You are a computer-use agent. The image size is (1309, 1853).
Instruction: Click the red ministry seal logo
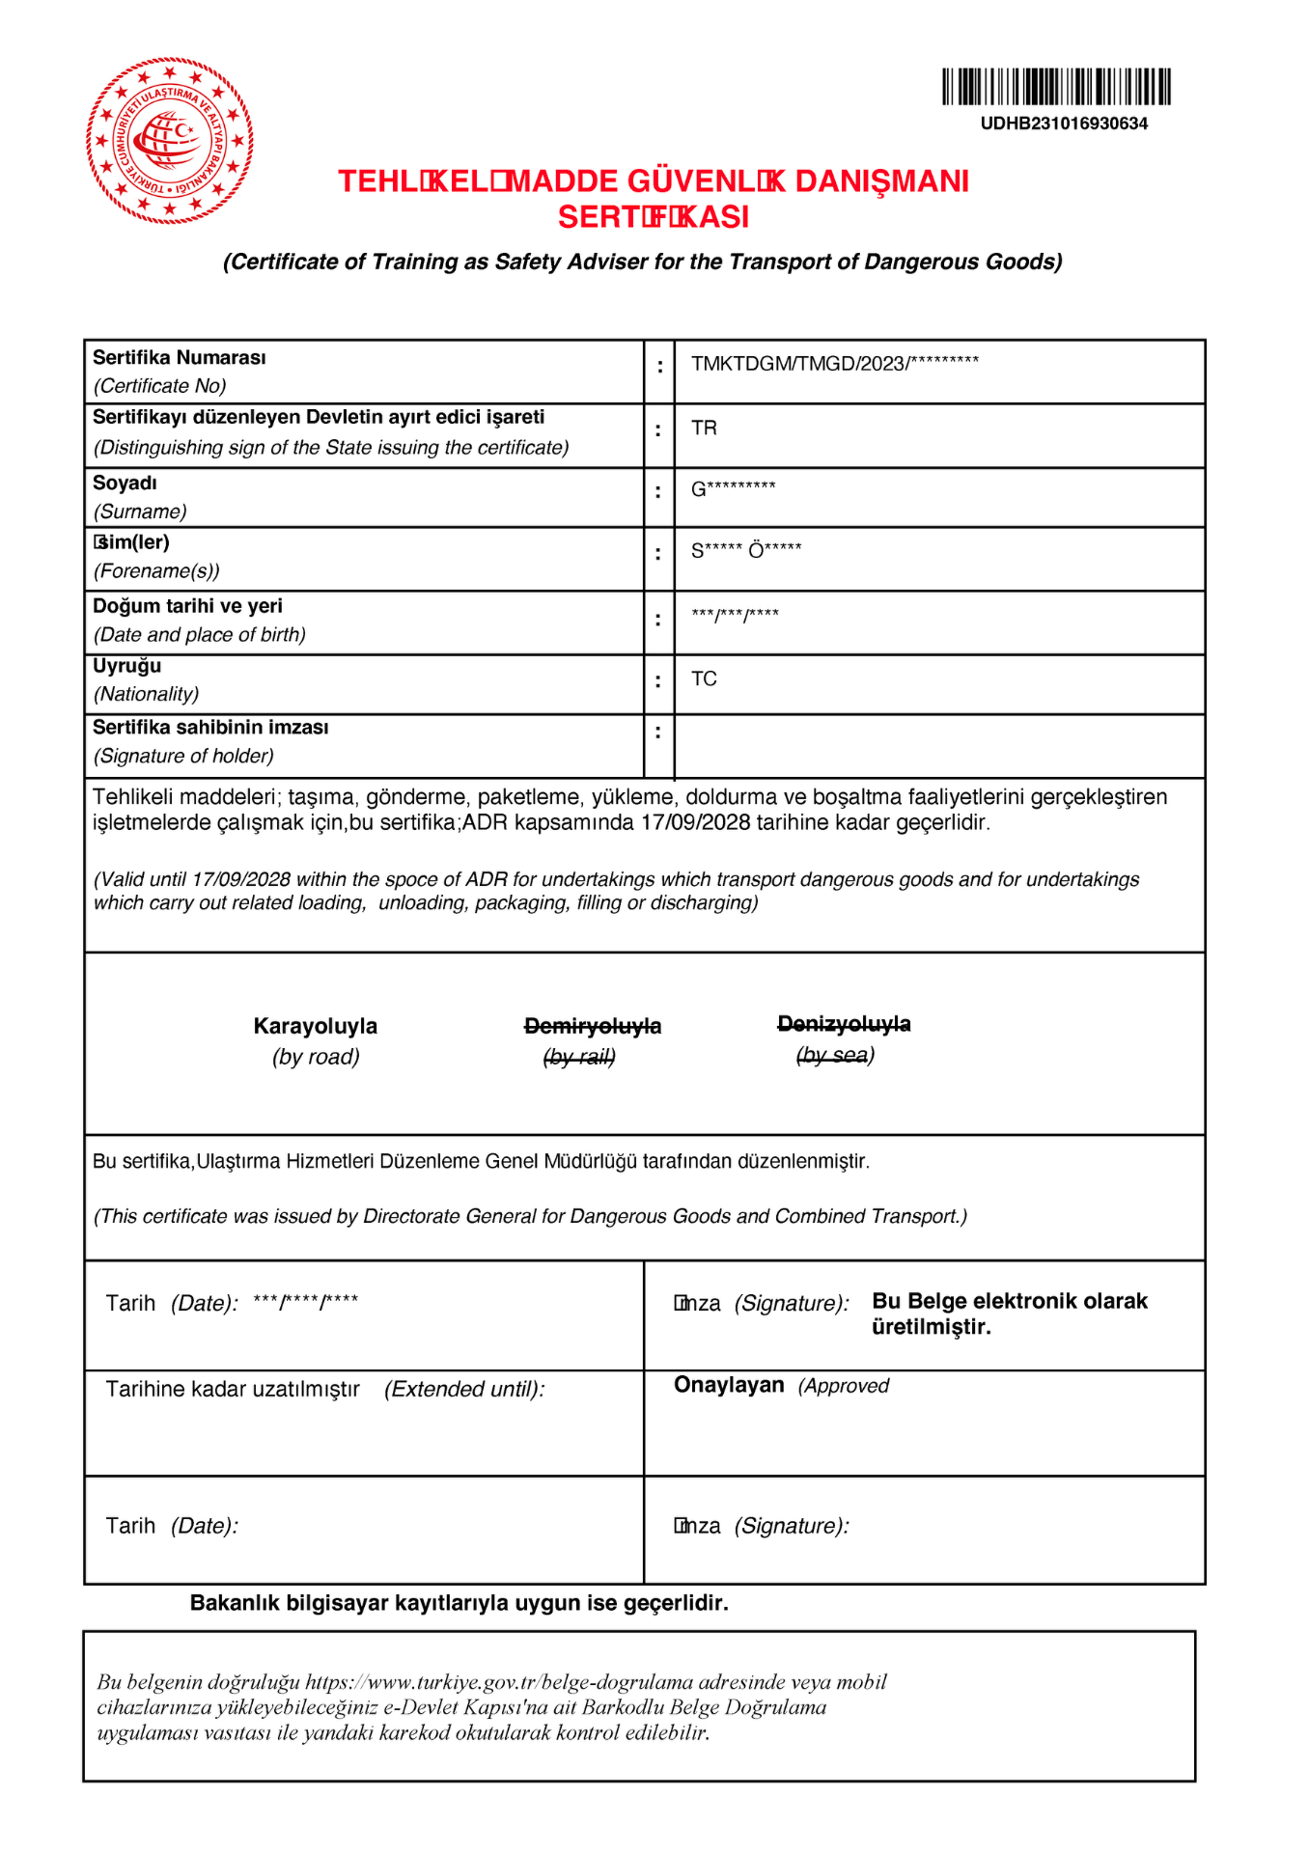point(170,141)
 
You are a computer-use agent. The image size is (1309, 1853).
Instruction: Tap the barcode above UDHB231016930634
point(1056,87)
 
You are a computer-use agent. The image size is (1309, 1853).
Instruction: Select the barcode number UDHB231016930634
point(1064,124)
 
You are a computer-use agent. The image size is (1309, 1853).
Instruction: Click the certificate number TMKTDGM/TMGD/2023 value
point(834,364)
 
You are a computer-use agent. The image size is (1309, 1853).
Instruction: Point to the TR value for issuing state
point(704,429)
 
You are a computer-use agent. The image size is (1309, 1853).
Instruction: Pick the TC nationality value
point(704,679)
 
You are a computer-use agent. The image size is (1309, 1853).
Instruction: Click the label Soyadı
point(125,484)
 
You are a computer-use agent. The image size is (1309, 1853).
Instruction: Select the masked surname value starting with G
point(733,489)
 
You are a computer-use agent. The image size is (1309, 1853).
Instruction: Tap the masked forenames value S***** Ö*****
point(746,551)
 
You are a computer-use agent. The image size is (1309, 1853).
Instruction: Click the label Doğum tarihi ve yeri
point(187,606)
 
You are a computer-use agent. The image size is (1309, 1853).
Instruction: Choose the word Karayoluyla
point(316,1027)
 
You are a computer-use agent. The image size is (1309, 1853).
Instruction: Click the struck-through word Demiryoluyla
point(593,1027)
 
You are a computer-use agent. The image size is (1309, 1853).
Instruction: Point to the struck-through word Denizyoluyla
point(844,1024)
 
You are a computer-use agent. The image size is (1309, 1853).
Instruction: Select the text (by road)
point(316,1057)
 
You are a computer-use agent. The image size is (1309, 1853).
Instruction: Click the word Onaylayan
point(729,1385)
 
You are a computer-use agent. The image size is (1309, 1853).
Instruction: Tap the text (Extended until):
point(464,1390)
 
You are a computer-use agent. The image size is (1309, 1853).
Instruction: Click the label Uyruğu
point(126,666)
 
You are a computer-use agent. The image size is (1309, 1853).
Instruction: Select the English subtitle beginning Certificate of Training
point(643,263)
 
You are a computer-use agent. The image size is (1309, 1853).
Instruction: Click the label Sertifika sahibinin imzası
point(210,728)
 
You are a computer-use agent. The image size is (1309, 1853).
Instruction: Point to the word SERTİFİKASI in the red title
point(654,217)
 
